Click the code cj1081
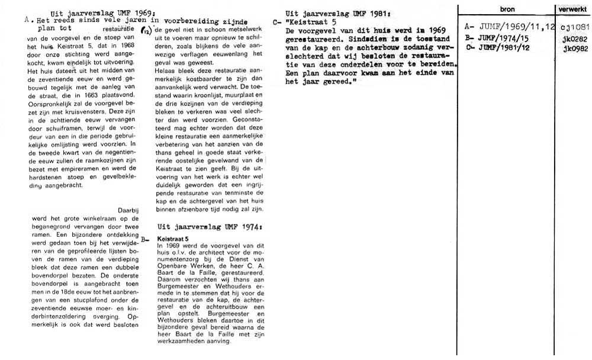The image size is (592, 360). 574,28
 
